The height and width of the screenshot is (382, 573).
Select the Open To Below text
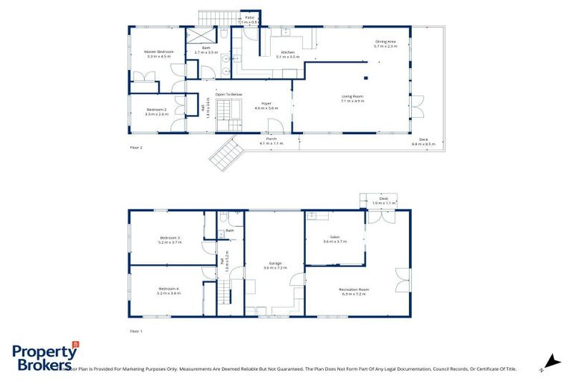[x=228, y=95]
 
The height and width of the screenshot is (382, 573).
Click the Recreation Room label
[x=354, y=291]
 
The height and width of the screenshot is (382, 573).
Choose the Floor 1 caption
[x=136, y=331]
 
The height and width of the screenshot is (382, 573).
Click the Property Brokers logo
[x=45, y=357]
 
